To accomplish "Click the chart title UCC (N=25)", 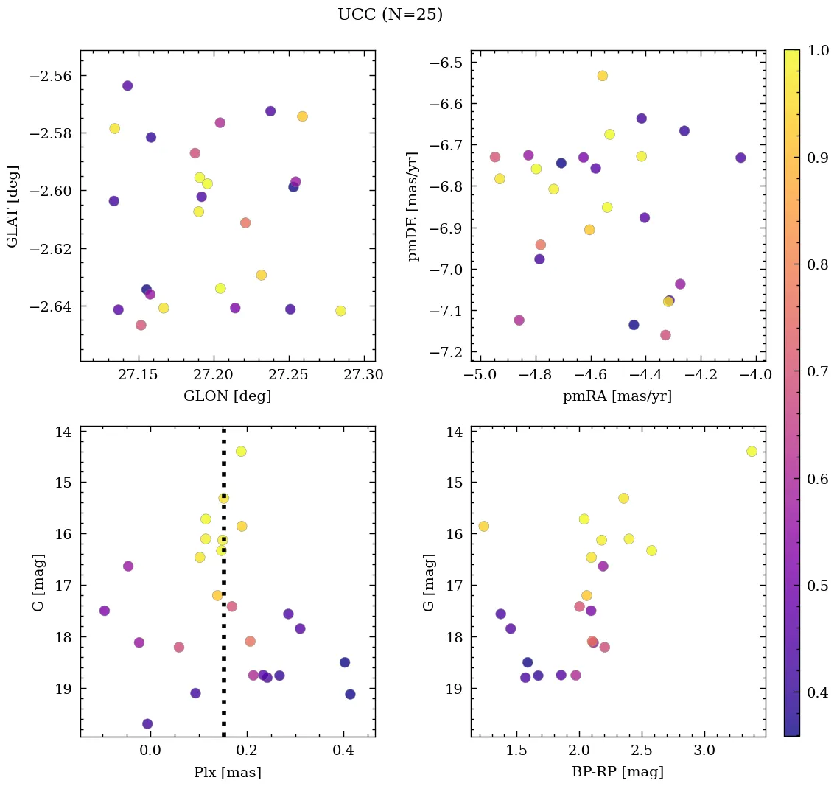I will point(390,15).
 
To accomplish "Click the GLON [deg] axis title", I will point(227,396).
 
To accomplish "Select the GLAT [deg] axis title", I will point(13,206).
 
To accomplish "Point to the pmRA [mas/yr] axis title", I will point(617,396).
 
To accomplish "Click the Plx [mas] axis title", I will point(227,772).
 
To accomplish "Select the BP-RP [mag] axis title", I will point(617,772).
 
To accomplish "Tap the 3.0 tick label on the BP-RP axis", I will point(704,751).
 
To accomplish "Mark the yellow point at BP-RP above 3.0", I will point(752,451).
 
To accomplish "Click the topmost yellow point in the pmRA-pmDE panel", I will point(602,76).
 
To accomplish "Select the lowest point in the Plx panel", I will point(147,723).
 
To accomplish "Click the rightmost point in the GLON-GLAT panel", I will point(340,311).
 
